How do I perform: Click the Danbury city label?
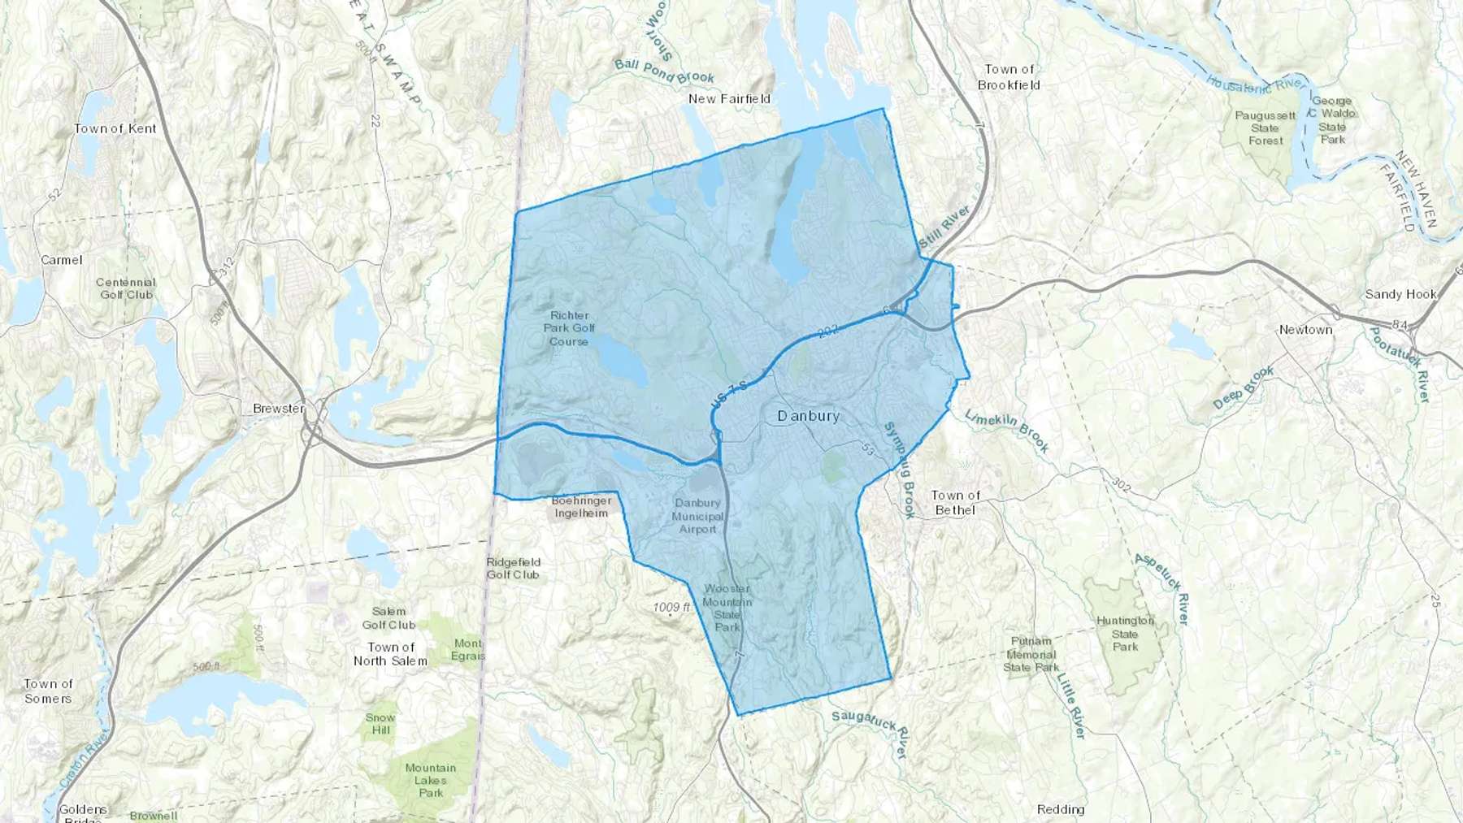808,416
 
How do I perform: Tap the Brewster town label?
278,408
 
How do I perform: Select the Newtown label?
1305,329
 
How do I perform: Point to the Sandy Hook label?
1400,294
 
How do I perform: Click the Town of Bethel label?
955,502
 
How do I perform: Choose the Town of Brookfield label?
1009,77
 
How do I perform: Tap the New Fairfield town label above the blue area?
729,98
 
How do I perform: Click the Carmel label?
62,260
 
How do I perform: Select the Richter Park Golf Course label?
569,328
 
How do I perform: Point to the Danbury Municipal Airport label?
697,516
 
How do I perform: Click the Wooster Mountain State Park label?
727,607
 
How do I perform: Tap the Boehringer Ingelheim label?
581,507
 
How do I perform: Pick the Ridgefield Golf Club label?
513,568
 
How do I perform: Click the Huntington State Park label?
1125,634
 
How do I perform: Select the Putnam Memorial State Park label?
1031,654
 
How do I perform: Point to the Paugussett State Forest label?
1265,128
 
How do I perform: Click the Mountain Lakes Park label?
431,780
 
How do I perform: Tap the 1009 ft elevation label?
671,607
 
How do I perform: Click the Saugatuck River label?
870,730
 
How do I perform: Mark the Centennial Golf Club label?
126,288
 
